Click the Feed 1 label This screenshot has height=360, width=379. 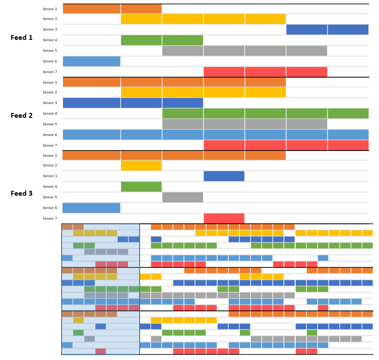[x=22, y=38]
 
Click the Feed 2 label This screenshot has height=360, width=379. [x=22, y=116]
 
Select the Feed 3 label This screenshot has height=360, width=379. [x=22, y=194]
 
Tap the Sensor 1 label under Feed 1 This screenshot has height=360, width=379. [x=50, y=9]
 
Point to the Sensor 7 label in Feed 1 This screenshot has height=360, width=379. [x=50, y=72]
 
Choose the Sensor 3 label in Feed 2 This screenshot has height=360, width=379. [x=50, y=103]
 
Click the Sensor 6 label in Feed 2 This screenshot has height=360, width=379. [x=50, y=135]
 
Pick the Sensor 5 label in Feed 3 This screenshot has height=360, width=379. [x=50, y=197]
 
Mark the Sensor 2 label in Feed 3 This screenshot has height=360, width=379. [x=50, y=165]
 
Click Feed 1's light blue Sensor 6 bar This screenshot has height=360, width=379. [x=91, y=61]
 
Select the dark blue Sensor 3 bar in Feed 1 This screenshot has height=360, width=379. [x=327, y=29]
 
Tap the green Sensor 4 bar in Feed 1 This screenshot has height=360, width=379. [x=162, y=40]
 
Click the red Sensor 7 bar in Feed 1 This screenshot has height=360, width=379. [x=265, y=72]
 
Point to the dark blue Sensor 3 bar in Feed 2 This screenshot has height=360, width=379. [x=133, y=103]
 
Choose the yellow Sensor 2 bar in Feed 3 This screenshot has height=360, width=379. [x=141, y=166]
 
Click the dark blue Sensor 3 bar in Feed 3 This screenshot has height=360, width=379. [x=224, y=176]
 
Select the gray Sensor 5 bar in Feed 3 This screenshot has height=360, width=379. [x=183, y=197]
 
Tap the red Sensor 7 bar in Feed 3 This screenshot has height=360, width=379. [x=224, y=218]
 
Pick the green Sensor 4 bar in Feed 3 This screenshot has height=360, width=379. [x=141, y=186]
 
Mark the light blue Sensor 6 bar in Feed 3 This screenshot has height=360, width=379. [x=91, y=208]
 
